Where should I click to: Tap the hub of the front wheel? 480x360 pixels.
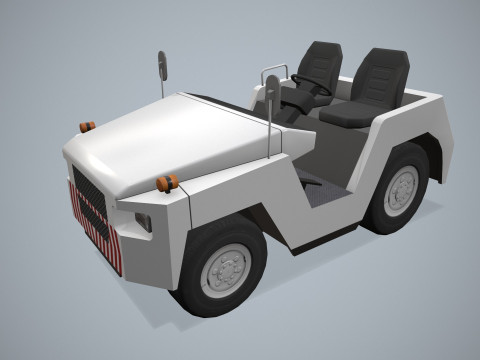click(226, 268)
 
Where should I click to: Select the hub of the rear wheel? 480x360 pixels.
click(401, 188)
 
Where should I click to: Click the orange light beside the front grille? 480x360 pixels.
click(87, 126)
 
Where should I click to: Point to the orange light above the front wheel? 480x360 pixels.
click(167, 182)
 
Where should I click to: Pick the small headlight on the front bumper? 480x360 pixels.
click(143, 222)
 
